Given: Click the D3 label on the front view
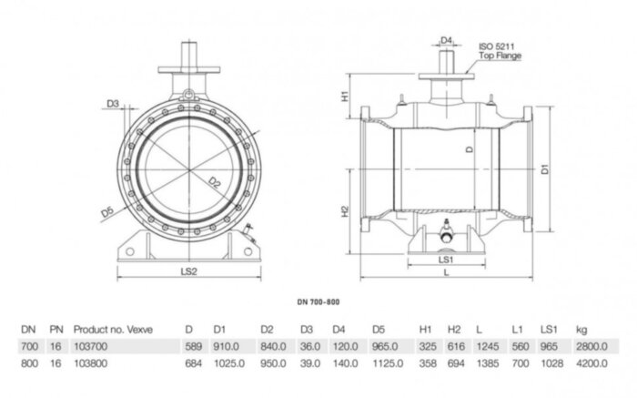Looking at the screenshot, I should click(x=113, y=105).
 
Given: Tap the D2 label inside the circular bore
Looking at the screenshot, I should click(x=216, y=182).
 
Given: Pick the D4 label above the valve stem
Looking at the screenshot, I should click(x=446, y=40).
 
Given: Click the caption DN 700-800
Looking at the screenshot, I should click(x=318, y=301).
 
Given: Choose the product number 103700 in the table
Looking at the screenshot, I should click(x=89, y=347).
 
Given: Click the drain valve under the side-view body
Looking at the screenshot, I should click(x=446, y=233).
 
